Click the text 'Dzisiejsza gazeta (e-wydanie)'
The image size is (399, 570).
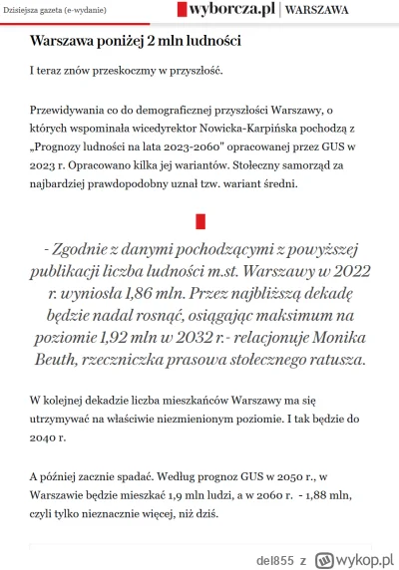point(56,11)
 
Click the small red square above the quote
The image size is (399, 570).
point(199,219)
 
